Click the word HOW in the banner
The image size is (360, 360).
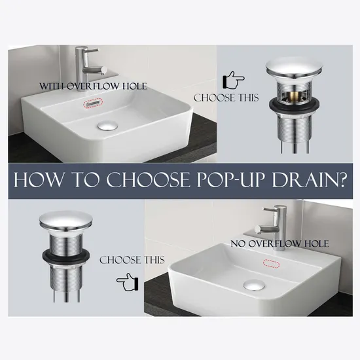click(x=45, y=181)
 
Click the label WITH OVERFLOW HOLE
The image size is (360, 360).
click(x=93, y=86)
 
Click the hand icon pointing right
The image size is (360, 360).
click(x=234, y=81)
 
